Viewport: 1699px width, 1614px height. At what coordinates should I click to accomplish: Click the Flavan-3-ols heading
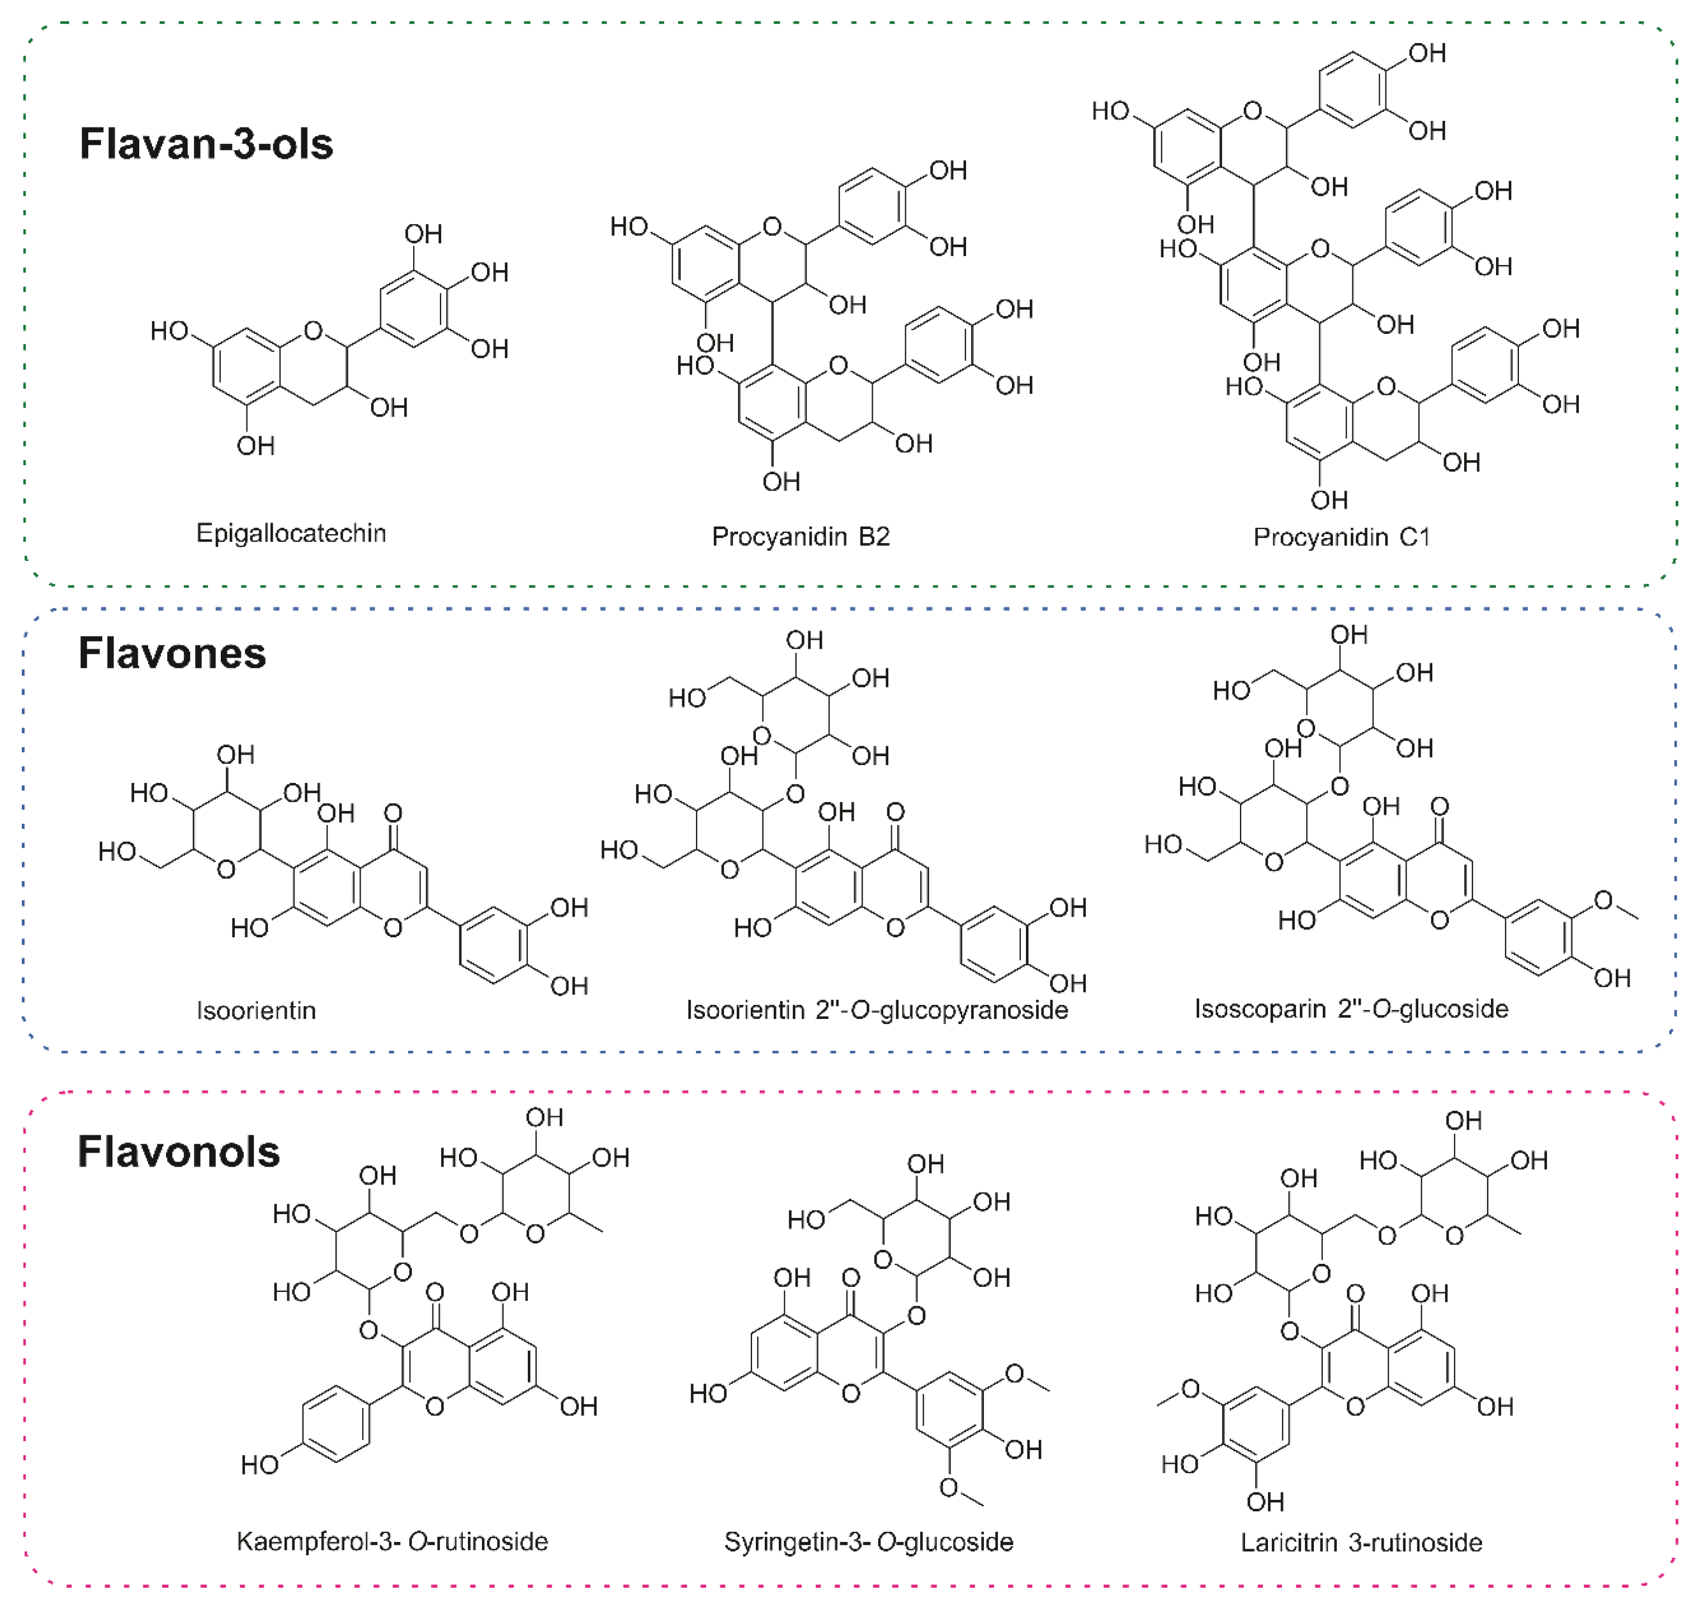click(x=206, y=144)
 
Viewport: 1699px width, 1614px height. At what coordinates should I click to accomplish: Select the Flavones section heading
click(x=172, y=654)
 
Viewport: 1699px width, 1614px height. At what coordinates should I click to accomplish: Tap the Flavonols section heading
click(x=179, y=1152)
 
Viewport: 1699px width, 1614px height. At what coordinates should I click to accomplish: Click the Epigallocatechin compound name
click(x=291, y=534)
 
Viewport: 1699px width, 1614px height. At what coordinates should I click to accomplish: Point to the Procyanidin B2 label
click(x=800, y=537)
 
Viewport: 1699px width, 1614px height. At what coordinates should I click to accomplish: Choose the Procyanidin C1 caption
click(x=1341, y=537)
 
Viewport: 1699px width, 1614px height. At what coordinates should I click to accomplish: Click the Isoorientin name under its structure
click(x=257, y=1010)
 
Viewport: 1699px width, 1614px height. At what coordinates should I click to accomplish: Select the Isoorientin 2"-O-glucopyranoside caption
click(x=877, y=1009)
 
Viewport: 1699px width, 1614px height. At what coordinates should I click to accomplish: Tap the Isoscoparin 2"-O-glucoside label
click(x=1351, y=1008)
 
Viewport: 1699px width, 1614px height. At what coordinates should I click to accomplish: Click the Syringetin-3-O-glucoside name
click(x=868, y=1542)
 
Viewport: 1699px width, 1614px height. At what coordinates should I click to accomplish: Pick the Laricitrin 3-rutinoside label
click(x=1361, y=1542)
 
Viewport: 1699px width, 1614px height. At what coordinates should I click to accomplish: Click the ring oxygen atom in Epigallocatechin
click(x=313, y=331)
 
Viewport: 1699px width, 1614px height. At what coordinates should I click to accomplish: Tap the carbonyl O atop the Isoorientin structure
click(x=393, y=813)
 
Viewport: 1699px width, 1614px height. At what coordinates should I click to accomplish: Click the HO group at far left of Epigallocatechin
click(x=169, y=331)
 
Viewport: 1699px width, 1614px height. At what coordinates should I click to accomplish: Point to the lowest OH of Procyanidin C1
click(x=1329, y=500)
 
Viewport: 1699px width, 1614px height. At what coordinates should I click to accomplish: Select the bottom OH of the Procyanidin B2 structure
click(x=781, y=482)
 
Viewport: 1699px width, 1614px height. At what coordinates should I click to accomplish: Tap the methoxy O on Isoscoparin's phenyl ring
click(x=1603, y=901)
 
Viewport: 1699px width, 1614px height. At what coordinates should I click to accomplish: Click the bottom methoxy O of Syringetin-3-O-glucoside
click(x=949, y=1488)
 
